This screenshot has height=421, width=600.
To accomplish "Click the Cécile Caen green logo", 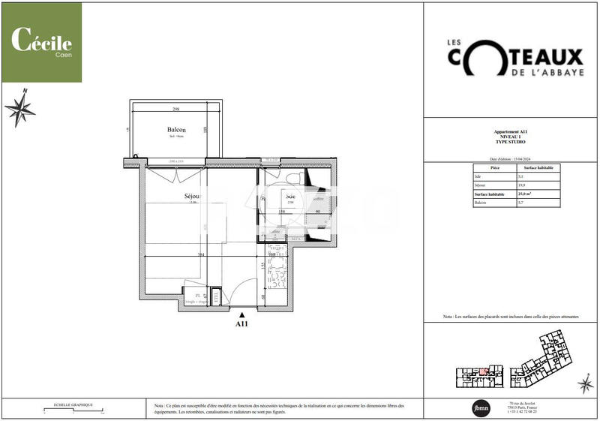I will (41, 42).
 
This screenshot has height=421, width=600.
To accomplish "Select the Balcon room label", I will (176, 130).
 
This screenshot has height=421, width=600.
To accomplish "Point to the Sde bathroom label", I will (290, 197).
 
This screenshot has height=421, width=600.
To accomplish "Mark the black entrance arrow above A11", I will (241, 316).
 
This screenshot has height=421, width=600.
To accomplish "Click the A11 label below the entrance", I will (241, 325).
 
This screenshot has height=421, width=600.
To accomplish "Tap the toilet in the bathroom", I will (293, 176).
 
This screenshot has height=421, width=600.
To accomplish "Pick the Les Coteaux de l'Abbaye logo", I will (509, 58).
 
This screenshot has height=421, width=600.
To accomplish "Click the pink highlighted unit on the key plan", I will (484, 371).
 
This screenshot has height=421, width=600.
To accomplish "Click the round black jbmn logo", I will (479, 407).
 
